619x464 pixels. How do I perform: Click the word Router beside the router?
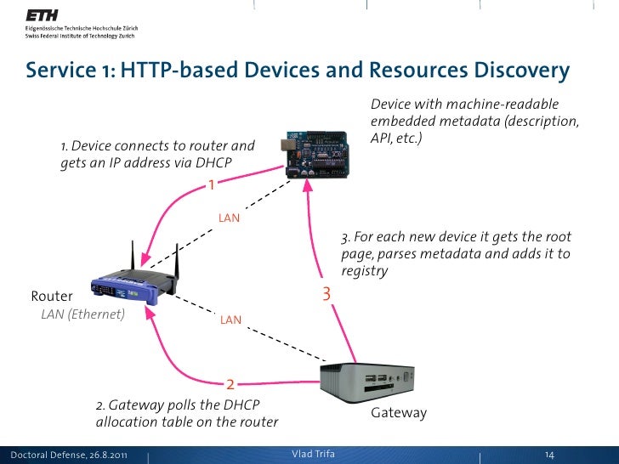pos(52,297)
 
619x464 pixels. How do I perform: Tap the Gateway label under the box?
pos(399,413)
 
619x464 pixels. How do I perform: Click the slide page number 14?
pos(549,455)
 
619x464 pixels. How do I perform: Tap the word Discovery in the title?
pos(514,71)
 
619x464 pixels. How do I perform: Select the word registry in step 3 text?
pos(364,271)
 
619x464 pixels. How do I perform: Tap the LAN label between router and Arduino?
pos(229,218)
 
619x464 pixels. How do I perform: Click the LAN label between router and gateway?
pos(230,320)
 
